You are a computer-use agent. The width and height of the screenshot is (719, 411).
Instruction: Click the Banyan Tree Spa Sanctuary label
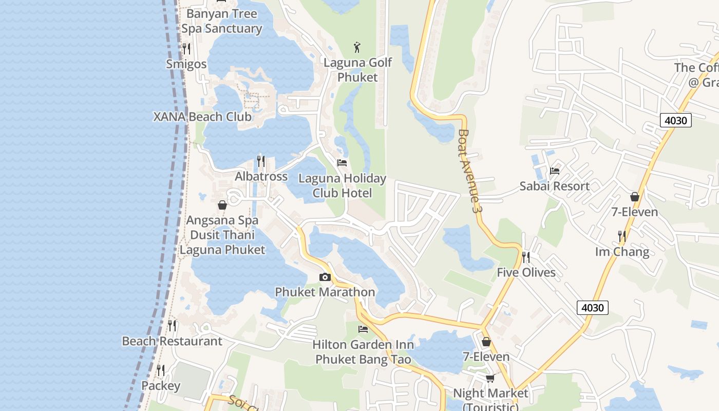pyautogui.click(x=222, y=21)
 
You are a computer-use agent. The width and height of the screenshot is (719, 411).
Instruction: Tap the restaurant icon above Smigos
pyautogui.click(x=186, y=49)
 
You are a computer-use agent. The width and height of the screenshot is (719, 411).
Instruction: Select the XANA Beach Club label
pyautogui.click(x=202, y=117)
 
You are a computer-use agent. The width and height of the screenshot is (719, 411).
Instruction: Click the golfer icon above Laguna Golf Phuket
pyautogui.click(x=357, y=48)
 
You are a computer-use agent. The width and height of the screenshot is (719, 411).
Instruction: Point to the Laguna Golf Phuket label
pyautogui.click(x=357, y=70)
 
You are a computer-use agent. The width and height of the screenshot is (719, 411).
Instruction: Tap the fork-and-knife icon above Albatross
pyautogui.click(x=261, y=161)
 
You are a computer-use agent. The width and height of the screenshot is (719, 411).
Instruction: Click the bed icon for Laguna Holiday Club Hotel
pyautogui.click(x=342, y=163)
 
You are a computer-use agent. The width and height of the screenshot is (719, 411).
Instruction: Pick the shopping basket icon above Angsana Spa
pyautogui.click(x=222, y=206)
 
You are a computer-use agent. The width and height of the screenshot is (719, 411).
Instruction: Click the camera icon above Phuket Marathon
pyautogui.click(x=325, y=277)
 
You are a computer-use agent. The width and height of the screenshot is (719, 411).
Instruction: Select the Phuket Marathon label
pyautogui.click(x=325, y=292)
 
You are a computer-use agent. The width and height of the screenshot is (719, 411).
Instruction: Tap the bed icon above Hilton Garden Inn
pyautogui.click(x=363, y=329)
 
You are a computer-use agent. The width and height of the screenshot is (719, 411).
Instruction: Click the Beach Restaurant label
pyautogui.click(x=172, y=341)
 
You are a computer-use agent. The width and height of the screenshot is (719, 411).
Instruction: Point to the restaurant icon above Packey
pyautogui.click(x=161, y=370)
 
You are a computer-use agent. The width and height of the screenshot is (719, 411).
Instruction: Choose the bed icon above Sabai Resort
pyautogui.click(x=555, y=171)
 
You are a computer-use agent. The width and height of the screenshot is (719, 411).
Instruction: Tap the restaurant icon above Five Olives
pyautogui.click(x=526, y=257)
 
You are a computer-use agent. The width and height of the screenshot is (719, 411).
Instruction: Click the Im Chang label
pyautogui.click(x=622, y=252)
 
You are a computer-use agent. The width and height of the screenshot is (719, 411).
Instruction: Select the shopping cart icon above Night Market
pyautogui.click(x=490, y=379)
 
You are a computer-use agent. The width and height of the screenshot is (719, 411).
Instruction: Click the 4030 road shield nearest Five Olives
pyautogui.click(x=593, y=308)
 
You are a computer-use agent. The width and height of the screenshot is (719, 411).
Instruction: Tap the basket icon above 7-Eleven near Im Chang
pyautogui.click(x=635, y=197)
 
